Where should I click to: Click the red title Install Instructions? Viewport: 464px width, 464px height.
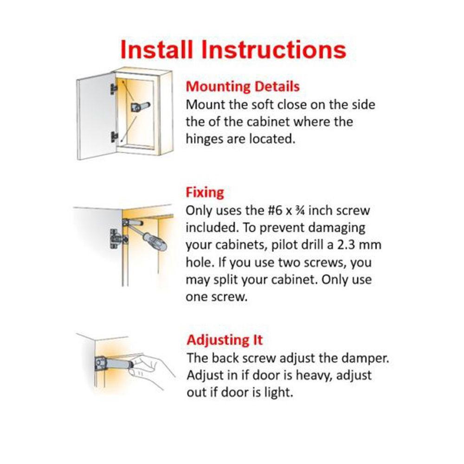click(x=233, y=50)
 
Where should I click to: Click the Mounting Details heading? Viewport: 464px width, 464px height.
click(x=243, y=87)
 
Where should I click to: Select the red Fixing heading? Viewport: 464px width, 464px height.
click(x=205, y=193)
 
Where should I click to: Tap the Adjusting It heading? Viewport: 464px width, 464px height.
click(x=225, y=340)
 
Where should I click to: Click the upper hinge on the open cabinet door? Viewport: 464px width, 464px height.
click(x=114, y=89)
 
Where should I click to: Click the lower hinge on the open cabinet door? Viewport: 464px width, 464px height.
click(x=114, y=137)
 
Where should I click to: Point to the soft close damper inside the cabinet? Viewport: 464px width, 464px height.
click(x=140, y=107)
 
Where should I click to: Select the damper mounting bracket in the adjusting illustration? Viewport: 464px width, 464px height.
click(x=100, y=363)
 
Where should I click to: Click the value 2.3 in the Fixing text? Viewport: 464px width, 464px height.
click(x=346, y=245)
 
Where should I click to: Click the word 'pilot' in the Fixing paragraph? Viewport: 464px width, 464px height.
click(x=285, y=245)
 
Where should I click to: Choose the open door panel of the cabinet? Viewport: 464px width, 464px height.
click(x=95, y=117)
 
